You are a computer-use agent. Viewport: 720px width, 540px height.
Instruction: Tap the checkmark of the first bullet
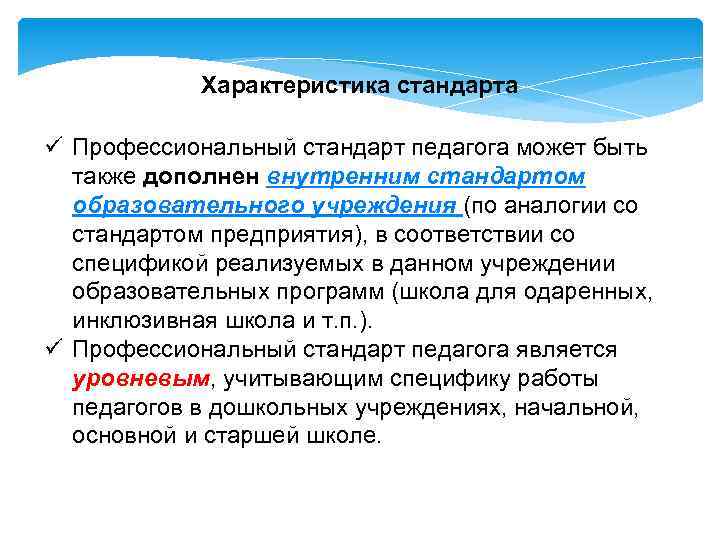point(56,147)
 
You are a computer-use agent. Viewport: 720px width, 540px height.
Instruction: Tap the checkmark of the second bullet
point(56,350)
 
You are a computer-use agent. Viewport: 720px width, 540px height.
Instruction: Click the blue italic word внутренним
point(337,176)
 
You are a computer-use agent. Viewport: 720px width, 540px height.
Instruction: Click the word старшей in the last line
point(249,437)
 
